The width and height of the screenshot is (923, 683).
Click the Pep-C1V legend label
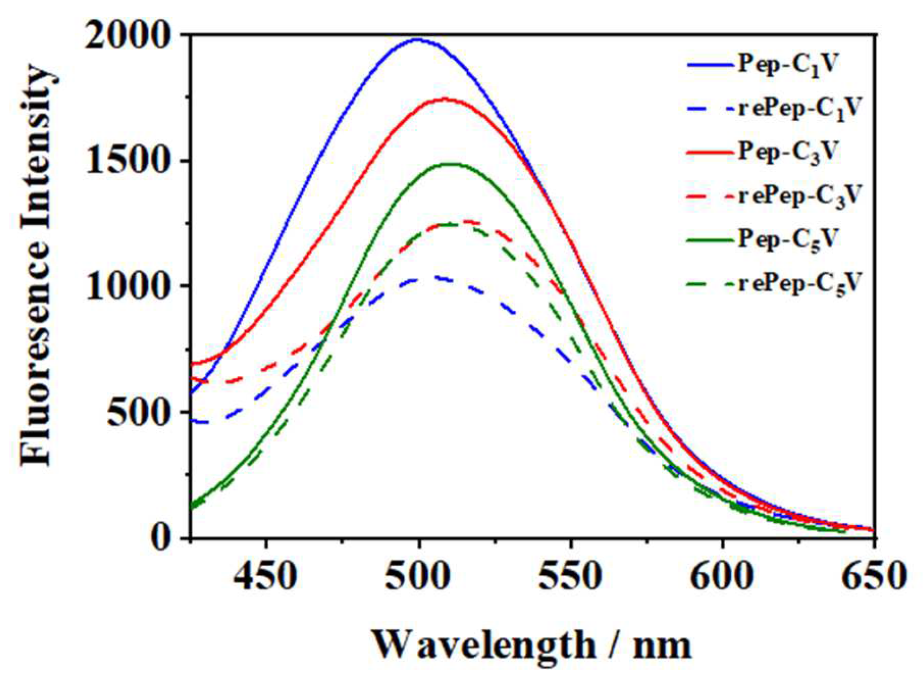(x=789, y=65)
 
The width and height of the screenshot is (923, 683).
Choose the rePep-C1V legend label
(x=799, y=108)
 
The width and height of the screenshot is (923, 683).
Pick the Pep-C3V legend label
(x=789, y=151)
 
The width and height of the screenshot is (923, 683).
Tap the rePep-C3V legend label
(x=799, y=195)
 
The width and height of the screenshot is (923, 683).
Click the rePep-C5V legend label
(x=799, y=283)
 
